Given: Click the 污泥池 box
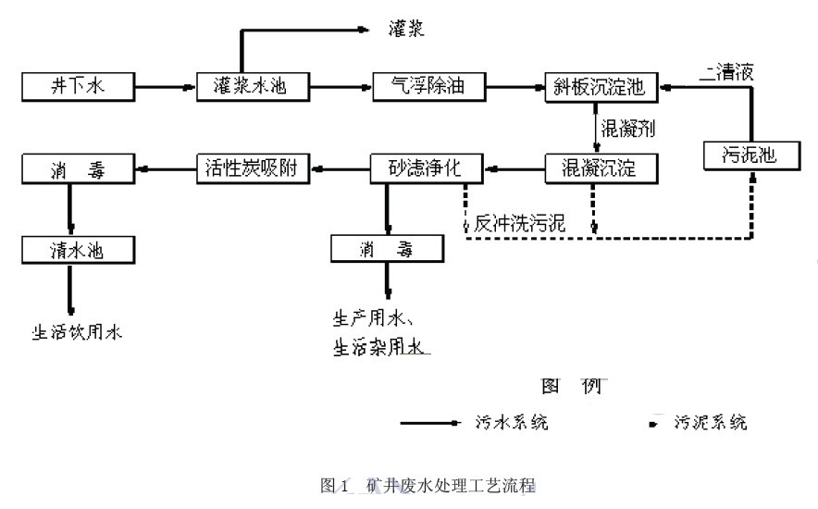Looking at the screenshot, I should point(750,155).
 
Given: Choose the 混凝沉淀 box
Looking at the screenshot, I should point(601,168).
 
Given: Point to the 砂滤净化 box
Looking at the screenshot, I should point(427,168).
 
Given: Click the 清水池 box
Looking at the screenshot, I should point(78,248).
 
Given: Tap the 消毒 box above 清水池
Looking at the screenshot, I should point(78,168).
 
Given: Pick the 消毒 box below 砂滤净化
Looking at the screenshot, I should point(387,248).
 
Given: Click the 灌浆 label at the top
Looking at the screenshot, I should point(406,31).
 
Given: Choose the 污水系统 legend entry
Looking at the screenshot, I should point(517,423).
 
